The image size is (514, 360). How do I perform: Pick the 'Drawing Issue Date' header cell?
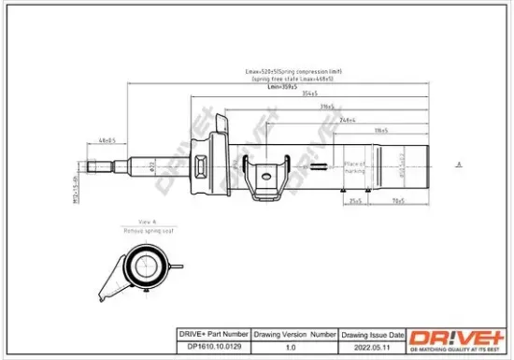pos(372,333)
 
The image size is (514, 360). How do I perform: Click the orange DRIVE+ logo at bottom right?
pos(456,338)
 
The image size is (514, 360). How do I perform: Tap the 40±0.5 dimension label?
pos(107,140)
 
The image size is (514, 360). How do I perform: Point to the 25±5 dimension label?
pos(354,199)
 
